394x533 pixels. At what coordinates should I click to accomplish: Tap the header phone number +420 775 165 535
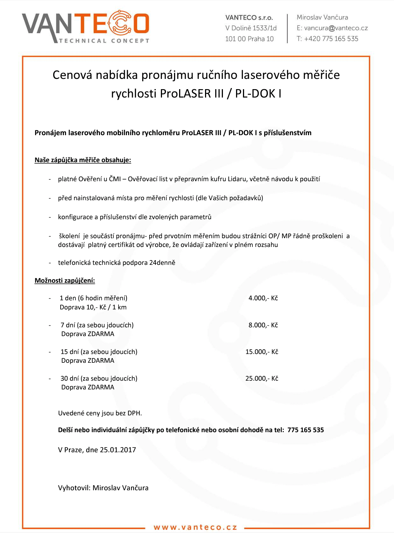point(331,39)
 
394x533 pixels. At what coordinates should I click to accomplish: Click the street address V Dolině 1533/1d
point(251,28)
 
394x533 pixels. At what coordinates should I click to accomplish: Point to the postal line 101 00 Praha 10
point(249,39)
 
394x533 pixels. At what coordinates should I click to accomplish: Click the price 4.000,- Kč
point(263,298)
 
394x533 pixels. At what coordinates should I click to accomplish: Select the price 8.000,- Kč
point(263,325)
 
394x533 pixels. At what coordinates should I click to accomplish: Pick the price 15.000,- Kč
point(262,352)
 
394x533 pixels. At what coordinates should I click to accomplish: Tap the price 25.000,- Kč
point(262,378)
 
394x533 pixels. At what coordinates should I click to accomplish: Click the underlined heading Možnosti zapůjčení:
point(65,281)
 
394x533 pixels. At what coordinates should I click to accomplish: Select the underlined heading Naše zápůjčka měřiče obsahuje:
point(83,160)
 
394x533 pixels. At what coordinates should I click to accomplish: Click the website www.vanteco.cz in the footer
point(195,527)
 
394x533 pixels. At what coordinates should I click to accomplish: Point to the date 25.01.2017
point(118,450)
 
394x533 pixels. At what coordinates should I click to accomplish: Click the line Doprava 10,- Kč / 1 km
point(93,307)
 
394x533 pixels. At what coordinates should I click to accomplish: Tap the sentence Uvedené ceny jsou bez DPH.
point(100,413)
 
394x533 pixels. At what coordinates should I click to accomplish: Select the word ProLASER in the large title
point(186,94)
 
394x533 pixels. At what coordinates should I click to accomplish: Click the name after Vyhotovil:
point(120,488)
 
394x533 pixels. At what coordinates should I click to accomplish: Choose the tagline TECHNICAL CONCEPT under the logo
point(104,41)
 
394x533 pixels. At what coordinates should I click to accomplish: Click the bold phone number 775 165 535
point(305,430)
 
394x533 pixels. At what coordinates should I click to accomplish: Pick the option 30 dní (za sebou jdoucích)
point(99,378)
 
